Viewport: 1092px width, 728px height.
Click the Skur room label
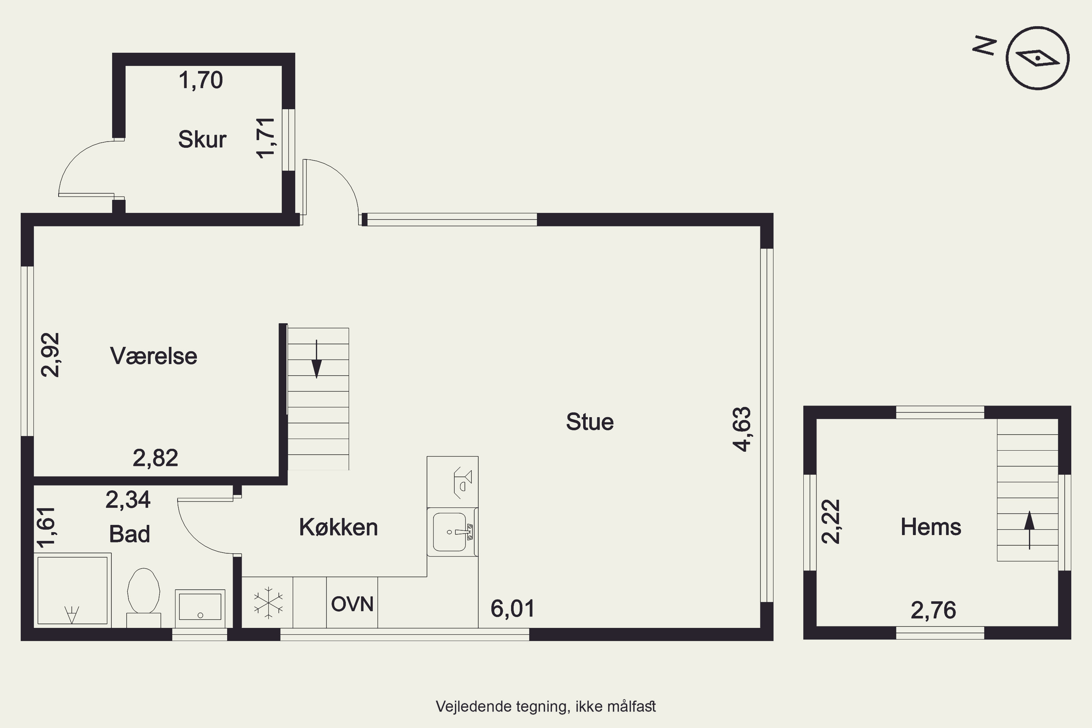point(202,139)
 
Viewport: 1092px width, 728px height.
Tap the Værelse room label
point(154,356)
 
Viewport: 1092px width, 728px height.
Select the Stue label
point(590,422)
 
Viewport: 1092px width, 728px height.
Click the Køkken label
point(339,527)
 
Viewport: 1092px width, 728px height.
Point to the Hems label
point(931,527)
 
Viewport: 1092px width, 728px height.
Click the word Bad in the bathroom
point(130,534)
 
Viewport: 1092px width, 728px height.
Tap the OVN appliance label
point(352,604)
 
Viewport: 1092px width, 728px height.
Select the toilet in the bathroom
point(143,598)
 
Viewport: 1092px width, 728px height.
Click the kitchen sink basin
point(450,532)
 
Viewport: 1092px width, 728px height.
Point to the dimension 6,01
point(513,608)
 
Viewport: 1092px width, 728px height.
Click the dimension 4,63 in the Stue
point(741,429)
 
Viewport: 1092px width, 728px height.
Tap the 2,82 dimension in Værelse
point(155,458)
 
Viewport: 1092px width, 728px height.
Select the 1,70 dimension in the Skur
point(201,80)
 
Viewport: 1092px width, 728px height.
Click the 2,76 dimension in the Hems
point(934,610)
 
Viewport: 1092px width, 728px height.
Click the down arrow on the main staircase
point(317,359)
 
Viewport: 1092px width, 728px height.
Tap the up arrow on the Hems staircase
point(1030,530)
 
